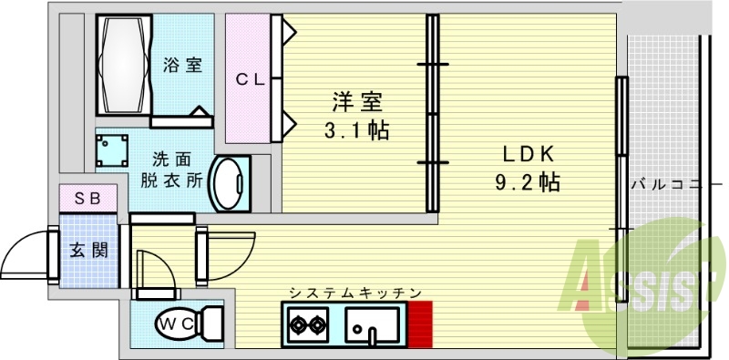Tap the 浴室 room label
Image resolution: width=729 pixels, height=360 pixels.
click(182, 66)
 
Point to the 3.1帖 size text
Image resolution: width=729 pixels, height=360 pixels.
click(357, 130)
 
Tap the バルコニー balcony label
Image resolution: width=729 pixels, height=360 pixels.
click(670, 185)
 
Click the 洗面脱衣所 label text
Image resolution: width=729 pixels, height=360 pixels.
click(170, 168)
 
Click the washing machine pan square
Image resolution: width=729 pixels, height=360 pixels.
click(111, 149)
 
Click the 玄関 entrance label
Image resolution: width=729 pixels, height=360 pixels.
click(88, 249)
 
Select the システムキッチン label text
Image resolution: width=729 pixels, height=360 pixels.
click(355, 293)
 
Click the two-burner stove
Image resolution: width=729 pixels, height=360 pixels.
click(308, 324)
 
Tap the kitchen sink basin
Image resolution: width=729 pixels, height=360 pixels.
click(372, 324)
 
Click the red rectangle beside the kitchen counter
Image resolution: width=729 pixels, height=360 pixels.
click(419, 324)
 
